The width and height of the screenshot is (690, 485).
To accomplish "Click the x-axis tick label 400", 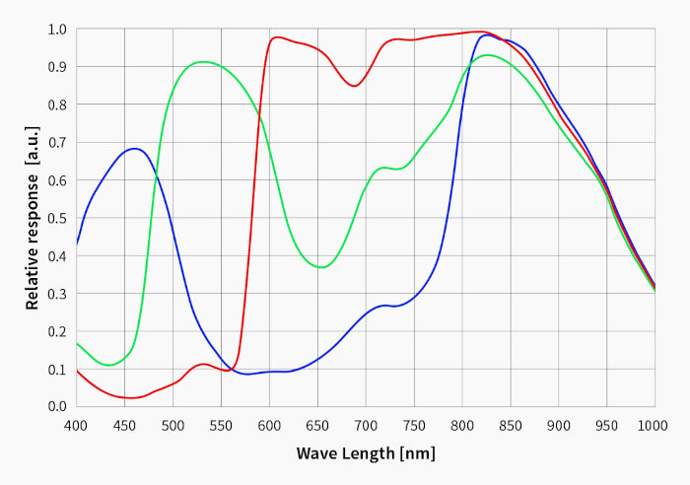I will tap(76, 426).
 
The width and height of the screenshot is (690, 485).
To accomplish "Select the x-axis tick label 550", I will tap(221, 426).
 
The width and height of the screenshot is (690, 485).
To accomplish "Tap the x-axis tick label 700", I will tap(366, 426).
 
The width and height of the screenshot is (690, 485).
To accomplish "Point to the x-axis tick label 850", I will tap(511, 426).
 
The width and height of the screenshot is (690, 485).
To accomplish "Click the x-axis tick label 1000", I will tap(654, 426).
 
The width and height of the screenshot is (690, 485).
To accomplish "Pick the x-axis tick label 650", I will tap(317, 426).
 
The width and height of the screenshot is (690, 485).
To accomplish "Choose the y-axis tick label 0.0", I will tap(56, 406).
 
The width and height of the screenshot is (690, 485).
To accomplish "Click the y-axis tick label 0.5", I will tap(56, 218).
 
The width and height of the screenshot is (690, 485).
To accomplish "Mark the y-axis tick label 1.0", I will tap(56, 29).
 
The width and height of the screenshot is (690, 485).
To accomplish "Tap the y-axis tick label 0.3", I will tap(56, 293).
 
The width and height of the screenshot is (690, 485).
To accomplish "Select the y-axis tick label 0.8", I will tap(56, 104).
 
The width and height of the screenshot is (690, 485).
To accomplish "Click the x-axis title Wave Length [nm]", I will tap(365, 453).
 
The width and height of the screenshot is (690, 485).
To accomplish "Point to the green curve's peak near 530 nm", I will tap(203, 62).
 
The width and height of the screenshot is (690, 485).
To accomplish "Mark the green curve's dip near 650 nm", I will tap(321, 267).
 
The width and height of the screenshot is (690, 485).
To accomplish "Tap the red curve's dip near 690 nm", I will tap(355, 87).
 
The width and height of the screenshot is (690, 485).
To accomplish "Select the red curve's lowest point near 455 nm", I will tap(130, 398).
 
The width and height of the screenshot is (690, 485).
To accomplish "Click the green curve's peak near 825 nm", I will tap(487, 54).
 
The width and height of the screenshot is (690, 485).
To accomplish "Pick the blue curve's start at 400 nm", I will tap(77, 244).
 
